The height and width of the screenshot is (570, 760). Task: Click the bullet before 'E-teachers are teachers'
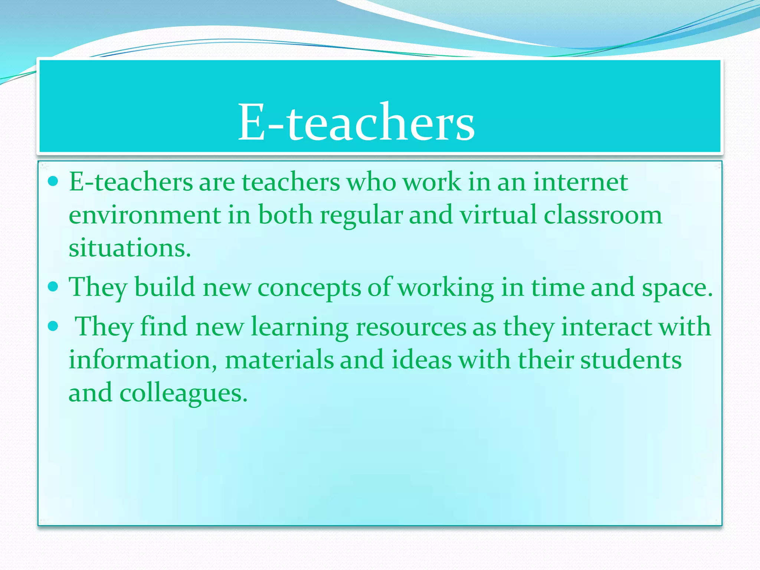click(x=53, y=181)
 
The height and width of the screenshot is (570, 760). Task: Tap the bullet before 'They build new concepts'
click(x=53, y=286)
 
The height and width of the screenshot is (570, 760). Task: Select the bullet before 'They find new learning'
click(x=53, y=326)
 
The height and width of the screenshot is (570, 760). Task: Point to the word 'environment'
click(x=145, y=215)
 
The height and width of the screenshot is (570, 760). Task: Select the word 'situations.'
click(x=130, y=248)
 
